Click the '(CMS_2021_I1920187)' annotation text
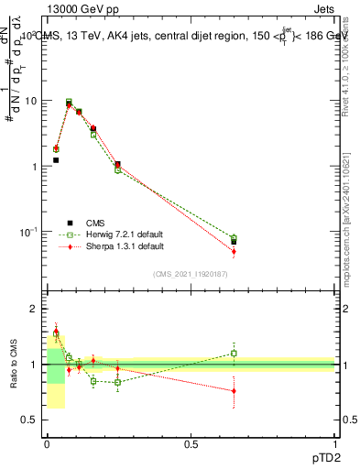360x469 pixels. (191, 274)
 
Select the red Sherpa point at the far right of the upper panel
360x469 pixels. (234, 251)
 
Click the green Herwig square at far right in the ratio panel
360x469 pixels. (234, 353)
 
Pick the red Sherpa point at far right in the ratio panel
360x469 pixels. (234, 391)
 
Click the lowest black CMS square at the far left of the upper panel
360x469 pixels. (56, 160)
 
